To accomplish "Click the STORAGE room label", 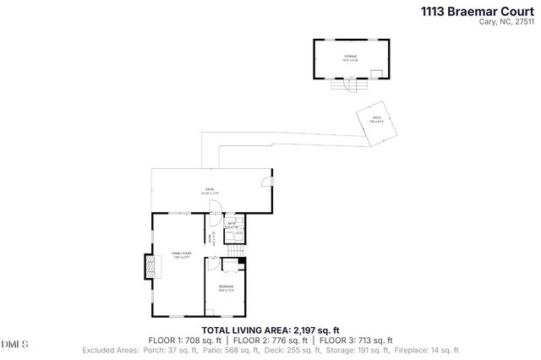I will (350, 57).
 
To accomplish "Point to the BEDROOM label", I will (226, 287).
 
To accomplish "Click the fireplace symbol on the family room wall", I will (149, 266).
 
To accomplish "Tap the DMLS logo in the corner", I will (14, 343).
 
